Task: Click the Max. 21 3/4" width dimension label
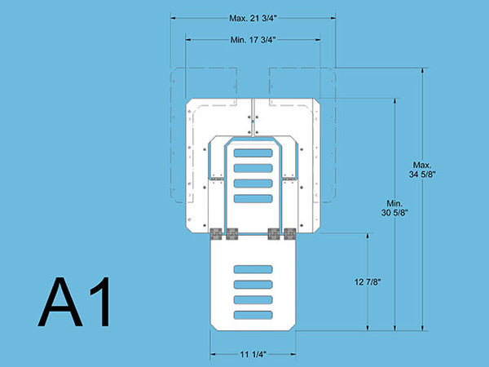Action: (x=253, y=18)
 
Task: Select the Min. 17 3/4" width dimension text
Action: (x=253, y=40)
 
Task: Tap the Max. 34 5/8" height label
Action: (x=422, y=170)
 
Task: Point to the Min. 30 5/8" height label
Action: (x=394, y=208)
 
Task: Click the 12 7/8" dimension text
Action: (x=368, y=282)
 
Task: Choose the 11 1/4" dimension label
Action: (x=253, y=354)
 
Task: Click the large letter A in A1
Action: (x=60, y=302)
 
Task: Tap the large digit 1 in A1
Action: (x=101, y=302)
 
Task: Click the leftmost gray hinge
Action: (x=216, y=234)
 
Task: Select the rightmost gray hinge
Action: (x=290, y=234)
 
